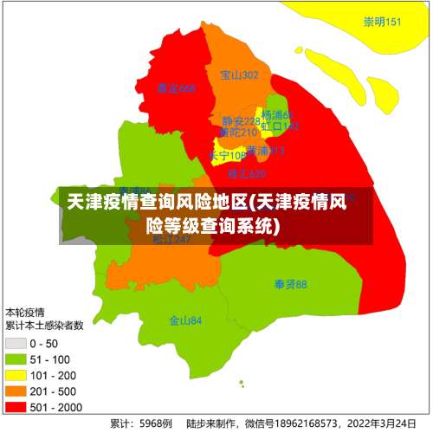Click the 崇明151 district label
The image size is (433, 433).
point(382,23)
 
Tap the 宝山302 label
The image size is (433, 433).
point(240,75)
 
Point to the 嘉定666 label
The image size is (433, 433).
point(176,88)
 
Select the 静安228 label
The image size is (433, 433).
point(241,121)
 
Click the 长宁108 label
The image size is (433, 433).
point(227,156)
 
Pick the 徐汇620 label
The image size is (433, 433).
point(247,174)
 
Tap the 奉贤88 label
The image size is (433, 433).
point(290,284)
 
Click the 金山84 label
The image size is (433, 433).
point(185,320)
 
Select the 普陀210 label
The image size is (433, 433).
point(238,132)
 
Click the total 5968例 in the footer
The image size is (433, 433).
point(153,423)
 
